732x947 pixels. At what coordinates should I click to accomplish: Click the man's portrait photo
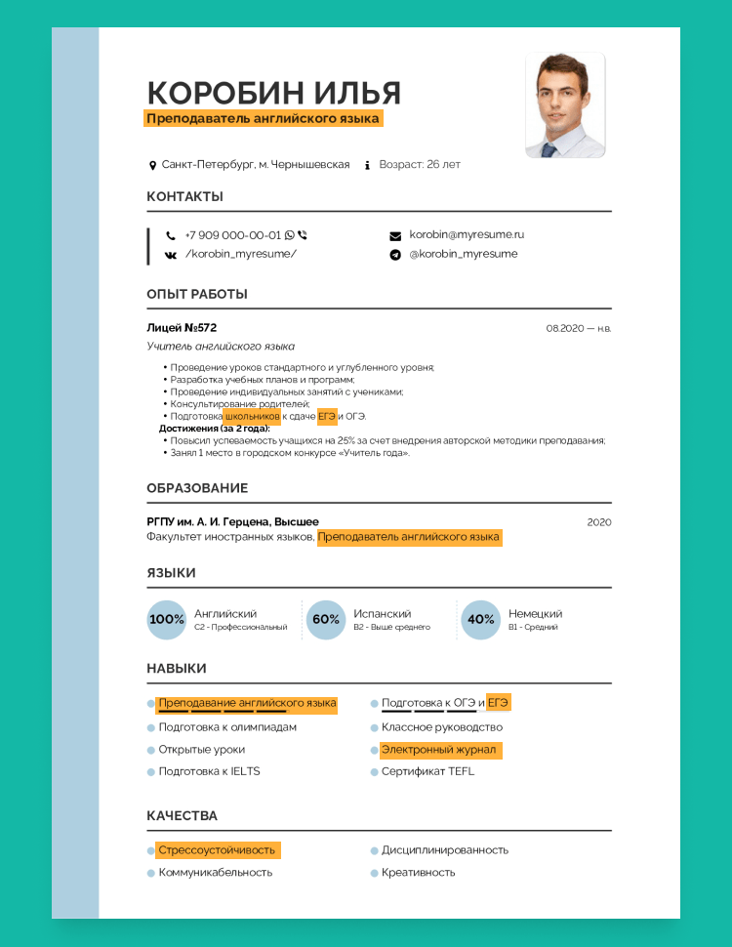click(x=565, y=105)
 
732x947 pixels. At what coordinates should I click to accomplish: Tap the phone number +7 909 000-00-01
click(x=232, y=235)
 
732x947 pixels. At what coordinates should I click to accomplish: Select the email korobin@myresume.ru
click(x=467, y=235)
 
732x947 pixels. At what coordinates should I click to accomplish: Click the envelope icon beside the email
click(x=395, y=236)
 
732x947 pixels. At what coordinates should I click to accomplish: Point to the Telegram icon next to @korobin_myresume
click(x=395, y=255)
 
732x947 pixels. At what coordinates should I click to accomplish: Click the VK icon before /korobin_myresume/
click(x=171, y=255)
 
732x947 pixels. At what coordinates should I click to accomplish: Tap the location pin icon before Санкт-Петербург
click(x=152, y=166)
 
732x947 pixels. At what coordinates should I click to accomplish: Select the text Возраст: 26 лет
click(x=420, y=165)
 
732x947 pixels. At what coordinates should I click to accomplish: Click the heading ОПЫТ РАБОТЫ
click(x=197, y=294)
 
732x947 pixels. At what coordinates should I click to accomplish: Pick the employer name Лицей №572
click(x=182, y=327)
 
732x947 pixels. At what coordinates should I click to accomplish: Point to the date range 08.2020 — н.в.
click(x=578, y=328)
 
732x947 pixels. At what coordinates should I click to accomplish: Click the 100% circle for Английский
click(x=166, y=620)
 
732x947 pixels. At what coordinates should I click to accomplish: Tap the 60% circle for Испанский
click(x=326, y=620)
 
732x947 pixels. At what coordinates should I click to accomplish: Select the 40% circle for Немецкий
click(x=480, y=620)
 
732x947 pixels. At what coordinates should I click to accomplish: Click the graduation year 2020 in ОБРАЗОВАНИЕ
click(x=599, y=522)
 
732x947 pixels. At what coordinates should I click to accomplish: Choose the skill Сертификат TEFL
click(x=427, y=771)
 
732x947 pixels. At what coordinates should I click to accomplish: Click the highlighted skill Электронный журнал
click(x=439, y=750)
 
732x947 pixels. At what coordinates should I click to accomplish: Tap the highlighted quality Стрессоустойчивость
click(x=217, y=850)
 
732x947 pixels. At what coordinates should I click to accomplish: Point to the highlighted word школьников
click(x=252, y=417)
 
